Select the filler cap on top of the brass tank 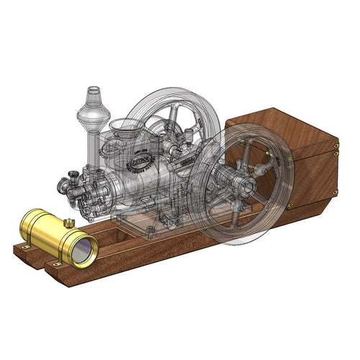click(x=68, y=222)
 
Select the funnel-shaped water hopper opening click(x=127, y=130)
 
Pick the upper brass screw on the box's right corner click(x=337, y=150)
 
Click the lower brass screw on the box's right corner click(x=336, y=192)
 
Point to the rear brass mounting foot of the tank click(x=25, y=246)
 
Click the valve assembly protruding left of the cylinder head click(x=68, y=184)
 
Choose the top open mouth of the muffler click(x=94, y=90)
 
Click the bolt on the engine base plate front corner click(x=150, y=232)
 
